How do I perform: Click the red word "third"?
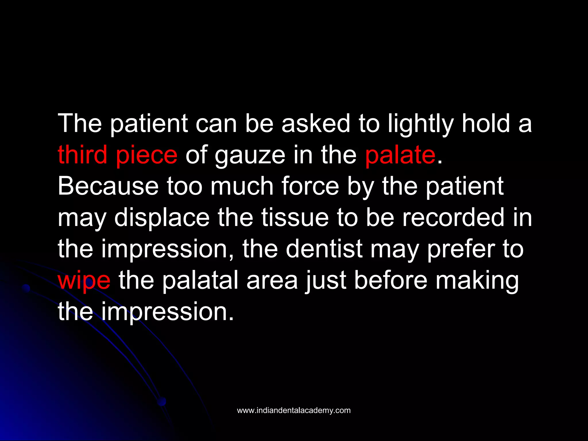click(x=82, y=155)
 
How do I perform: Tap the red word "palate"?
click(x=400, y=155)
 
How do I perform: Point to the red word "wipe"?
click(x=84, y=281)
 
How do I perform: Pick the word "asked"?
click(x=316, y=123)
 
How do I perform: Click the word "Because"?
click(x=108, y=186)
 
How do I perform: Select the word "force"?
click(x=310, y=186)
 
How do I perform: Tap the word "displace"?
click(x=162, y=218)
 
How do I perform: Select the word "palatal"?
click(x=200, y=281)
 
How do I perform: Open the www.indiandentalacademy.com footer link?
click(x=294, y=410)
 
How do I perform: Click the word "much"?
click(x=242, y=186)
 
